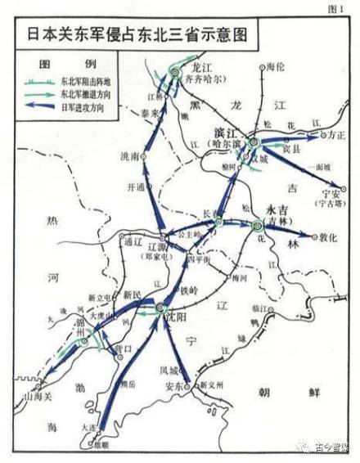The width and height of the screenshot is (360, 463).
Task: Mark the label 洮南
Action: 129,155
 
